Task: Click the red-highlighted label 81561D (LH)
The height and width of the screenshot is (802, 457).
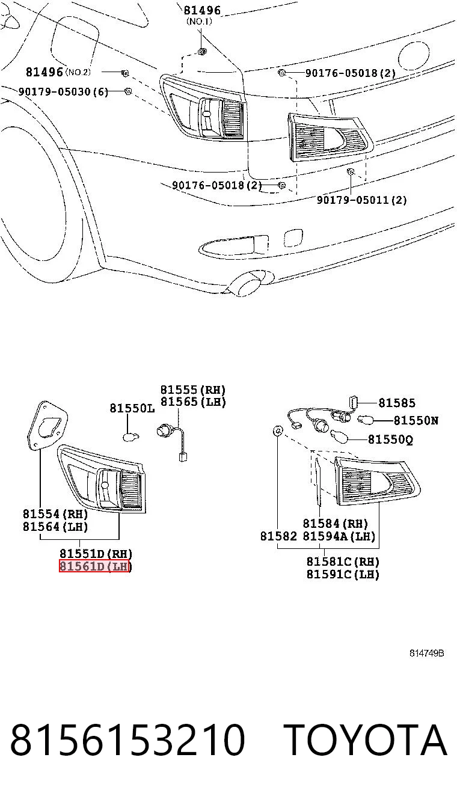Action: [95, 566]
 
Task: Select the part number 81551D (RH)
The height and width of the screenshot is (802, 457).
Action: [96, 554]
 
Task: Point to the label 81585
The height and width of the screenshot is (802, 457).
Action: [397, 403]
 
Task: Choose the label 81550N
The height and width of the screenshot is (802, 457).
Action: [416, 420]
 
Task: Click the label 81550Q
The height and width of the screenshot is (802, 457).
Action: [390, 439]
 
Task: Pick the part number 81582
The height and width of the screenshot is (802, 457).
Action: [278, 536]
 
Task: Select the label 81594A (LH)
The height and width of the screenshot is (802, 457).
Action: [339, 536]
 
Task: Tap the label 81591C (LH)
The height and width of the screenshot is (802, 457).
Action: [343, 574]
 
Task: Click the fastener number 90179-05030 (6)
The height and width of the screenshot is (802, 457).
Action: [63, 91]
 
